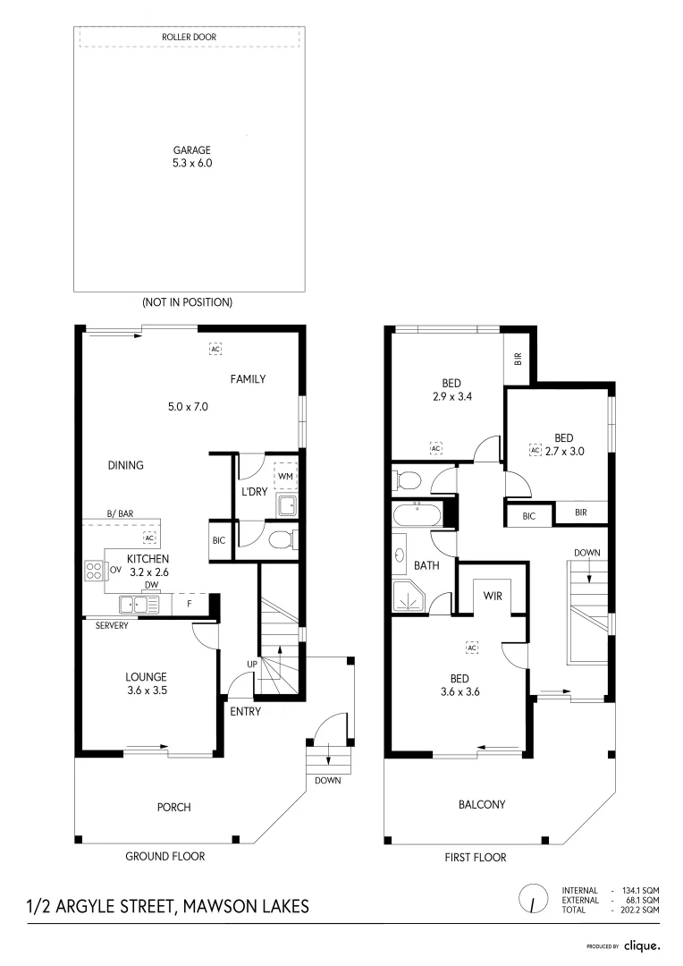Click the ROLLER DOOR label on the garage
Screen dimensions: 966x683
point(188,38)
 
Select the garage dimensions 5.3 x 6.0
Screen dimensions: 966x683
point(191,164)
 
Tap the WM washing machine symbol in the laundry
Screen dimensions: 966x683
point(285,475)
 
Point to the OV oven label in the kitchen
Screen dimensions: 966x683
point(115,569)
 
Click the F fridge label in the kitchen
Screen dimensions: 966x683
point(189,605)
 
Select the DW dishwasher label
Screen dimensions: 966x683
point(151,586)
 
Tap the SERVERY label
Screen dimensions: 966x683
point(112,625)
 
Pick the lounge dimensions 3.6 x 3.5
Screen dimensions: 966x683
point(146,691)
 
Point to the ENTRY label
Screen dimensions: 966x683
point(245,711)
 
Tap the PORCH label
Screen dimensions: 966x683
point(173,807)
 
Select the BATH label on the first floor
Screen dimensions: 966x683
point(426,566)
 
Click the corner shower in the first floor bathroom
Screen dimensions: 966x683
point(410,597)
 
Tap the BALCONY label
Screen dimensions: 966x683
point(482,804)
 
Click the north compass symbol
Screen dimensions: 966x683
point(532,897)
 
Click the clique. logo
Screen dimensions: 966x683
point(641,945)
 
